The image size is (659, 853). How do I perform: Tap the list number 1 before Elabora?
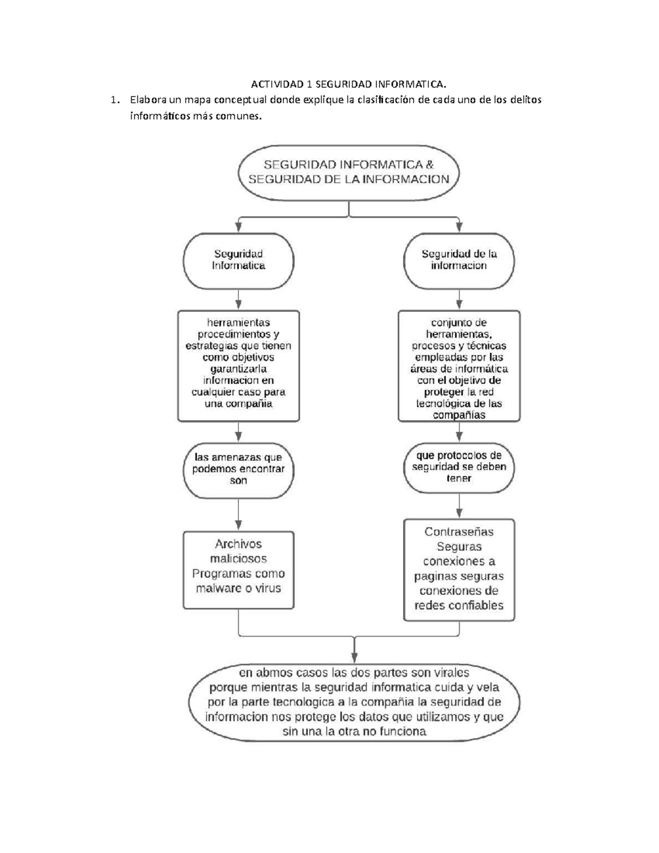[114, 100]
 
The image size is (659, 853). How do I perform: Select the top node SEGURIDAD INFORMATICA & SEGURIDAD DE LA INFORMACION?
[349, 171]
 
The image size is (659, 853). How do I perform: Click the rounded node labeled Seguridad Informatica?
[238, 260]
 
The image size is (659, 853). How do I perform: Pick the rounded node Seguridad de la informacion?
[459, 260]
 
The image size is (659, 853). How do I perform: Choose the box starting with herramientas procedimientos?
[238, 366]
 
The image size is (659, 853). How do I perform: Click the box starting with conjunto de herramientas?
[459, 366]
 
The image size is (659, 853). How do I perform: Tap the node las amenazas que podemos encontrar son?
[238, 469]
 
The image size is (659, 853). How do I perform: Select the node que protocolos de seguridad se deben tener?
[459, 467]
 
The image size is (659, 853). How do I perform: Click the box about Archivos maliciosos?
[238, 570]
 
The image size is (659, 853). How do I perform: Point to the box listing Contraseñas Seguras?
[459, 570]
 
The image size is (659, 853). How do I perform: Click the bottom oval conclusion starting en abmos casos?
[354, 702]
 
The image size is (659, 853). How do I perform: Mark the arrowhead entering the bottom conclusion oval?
[354, 657]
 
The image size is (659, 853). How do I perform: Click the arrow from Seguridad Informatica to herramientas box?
[238, 300]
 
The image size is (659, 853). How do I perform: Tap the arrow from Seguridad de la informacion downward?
[459, 300]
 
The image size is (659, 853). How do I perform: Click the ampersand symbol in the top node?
[429, 164]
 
